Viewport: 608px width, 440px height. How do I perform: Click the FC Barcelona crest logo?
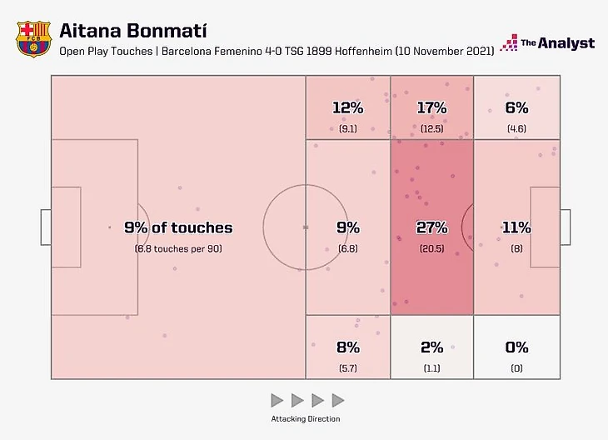click(32, 38)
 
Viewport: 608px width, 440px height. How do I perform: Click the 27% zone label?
click(431, 227)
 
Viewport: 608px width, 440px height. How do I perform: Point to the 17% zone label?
click(431, 107)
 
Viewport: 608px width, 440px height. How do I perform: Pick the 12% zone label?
click(347, 107)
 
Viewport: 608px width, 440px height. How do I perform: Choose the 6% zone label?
click(516, 107)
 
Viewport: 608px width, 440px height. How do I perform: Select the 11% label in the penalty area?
click(516, 227)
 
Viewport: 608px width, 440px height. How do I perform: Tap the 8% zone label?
click(347, 347)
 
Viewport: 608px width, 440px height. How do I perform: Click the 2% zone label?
click(431, 347)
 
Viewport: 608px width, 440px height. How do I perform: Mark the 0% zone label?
click(516, 347)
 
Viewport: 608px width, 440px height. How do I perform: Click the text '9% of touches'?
click(178, 227)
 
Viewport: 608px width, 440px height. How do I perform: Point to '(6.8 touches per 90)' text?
click(178, 248)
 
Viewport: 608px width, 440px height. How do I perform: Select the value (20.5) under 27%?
click(431, 248)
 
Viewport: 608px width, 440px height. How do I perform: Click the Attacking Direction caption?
click(306, 418)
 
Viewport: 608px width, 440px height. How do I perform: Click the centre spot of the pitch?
click(306, 227)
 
